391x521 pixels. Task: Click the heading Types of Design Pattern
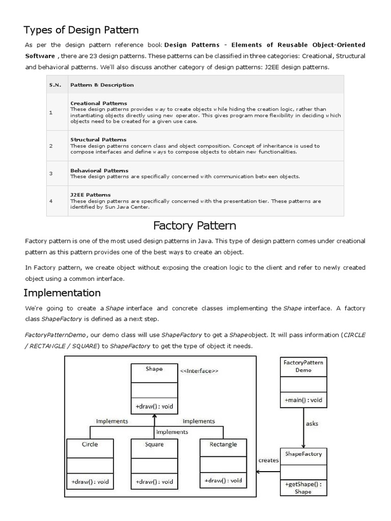click(81, 30)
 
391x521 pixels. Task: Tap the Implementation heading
click(62, 293)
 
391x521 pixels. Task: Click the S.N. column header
click(55, 85)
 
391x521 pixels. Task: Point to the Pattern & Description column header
click(102, 85)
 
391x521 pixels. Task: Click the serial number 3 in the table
click(51, 173)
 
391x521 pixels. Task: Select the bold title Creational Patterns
click(98, 103)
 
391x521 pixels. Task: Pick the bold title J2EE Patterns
click(90, 195)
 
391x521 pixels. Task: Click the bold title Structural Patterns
click(98, 139)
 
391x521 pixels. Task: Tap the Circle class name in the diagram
click(90, 444)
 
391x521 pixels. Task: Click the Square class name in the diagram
click(154, 444)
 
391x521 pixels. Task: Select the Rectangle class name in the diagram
click(223, 444)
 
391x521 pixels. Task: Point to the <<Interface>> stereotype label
click(199, 371)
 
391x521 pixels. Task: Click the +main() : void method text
click(303, 400)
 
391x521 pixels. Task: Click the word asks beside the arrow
click(312, 423)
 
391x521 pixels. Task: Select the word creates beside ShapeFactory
click(268, 460)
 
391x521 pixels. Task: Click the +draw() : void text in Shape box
click(154, 407)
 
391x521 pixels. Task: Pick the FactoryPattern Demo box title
click(303, 366)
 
